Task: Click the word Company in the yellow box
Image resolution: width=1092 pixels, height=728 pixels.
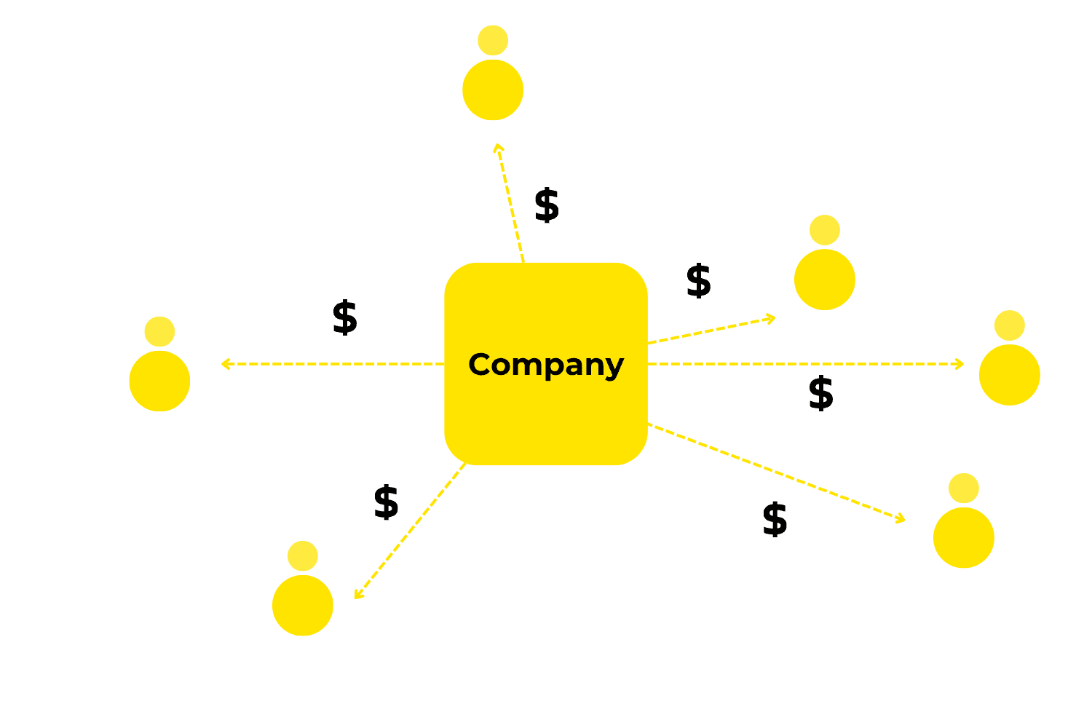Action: coord(545,365)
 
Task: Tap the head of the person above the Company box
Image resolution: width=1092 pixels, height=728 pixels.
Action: coord(493,40)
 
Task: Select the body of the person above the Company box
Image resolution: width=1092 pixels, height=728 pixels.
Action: coord(493,90)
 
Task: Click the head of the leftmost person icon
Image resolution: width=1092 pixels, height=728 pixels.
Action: coord(159,331)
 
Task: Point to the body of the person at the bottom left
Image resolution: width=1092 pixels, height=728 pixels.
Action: coord(303,605)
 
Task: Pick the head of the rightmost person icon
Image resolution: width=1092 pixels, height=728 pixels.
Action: coord(1010,325)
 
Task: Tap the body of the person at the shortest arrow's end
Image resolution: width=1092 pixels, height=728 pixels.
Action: coord(825,280)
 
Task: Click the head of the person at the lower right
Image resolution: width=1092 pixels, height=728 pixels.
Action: coord(964,488)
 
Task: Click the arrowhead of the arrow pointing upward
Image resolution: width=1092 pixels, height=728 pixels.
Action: coord(497,147)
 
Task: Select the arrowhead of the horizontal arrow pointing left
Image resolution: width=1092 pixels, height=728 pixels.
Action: coord(224,363)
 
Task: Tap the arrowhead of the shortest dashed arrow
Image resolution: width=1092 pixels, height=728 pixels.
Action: coord(772,318)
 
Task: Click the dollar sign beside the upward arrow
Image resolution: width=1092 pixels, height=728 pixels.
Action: coord(547,205)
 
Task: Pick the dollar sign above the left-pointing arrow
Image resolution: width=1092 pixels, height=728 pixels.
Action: coord(344,317)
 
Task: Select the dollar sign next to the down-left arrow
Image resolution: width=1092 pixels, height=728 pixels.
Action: coord(386,502)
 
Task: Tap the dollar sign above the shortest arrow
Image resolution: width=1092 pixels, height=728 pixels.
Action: coord(698,281)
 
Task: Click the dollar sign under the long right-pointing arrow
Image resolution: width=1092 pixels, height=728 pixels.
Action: coord(820,394)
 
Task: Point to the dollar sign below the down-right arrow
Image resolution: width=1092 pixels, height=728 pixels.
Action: coord(775,520)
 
